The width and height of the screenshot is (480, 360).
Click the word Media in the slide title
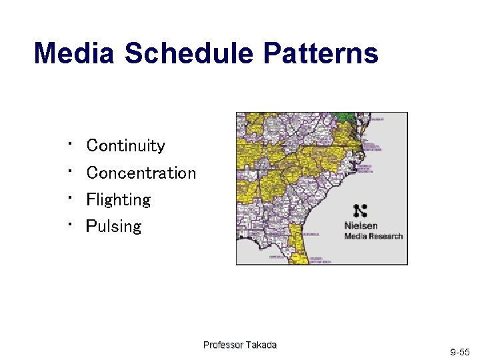pyautogui.click(x=74, y=53)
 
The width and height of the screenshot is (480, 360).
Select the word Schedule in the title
pyautogui.click(x=189, y=53)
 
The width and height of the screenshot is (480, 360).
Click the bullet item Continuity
pyautogui.click(x=125, y=145)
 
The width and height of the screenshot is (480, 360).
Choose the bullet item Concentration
pyautogui.click(x=141, y=173)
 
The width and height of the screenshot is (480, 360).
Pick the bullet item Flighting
pyautogui.click(x=119, y=199)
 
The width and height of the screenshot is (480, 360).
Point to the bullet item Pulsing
pyautogui.click(x=113, y=227)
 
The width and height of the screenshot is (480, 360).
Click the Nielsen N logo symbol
pyautogui.click(x=361, y=211)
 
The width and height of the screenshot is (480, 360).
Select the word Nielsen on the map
pyautogui.click(x=361, y=226)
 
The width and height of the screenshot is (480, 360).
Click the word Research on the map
pyautogui.click(x=386, y=236)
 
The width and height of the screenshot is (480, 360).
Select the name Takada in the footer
pyautogui.click(x=261, y=345)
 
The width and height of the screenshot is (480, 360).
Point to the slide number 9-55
pyautogui.click(x=459, y=351)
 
